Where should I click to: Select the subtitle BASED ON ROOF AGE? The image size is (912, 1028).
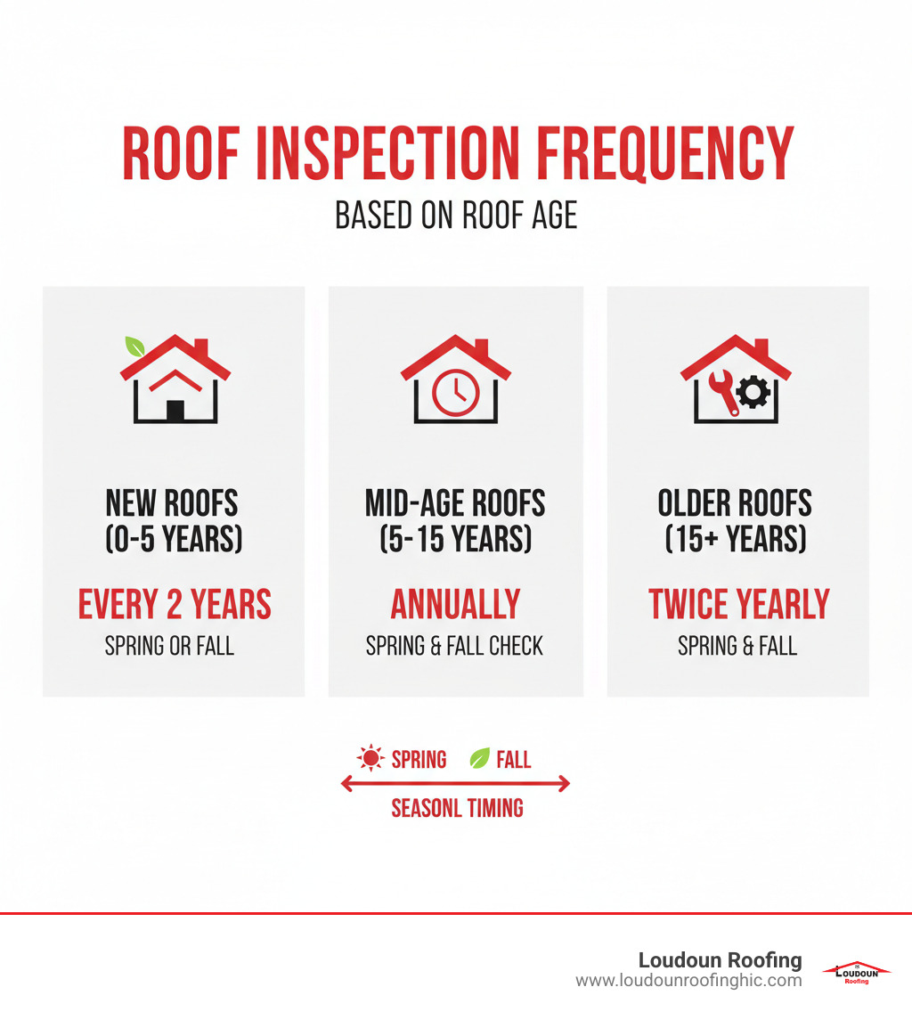tap(456, 216)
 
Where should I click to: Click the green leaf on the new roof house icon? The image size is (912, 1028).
tap(134, 347)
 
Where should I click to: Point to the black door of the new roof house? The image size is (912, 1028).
tap(175, 410)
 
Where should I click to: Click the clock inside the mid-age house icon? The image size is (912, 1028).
tap(456, 394)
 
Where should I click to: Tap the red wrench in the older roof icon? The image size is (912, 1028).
tap(722, 392)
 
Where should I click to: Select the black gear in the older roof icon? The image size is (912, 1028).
tap(753, 393)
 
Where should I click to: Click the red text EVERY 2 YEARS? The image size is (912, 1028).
tap(175, 604)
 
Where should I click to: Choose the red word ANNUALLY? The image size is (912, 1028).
tap(456, 604)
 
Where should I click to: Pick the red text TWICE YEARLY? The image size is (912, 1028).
tap(739, 604)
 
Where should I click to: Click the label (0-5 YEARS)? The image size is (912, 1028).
tap(174, 539)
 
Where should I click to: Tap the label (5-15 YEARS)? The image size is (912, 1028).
tap(456, 539)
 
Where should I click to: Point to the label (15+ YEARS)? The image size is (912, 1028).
tap(736, 539)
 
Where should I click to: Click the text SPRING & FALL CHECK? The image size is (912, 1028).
tap(454, 647)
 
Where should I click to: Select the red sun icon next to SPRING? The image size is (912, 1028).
tap(370, 758)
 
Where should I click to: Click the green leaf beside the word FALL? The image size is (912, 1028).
tap(479, 759)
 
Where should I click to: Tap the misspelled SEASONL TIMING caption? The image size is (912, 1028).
tap(457, 808)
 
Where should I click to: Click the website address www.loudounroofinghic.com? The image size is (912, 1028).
tap(688, 981)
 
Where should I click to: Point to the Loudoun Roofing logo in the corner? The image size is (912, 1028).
tap(856, 972)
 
